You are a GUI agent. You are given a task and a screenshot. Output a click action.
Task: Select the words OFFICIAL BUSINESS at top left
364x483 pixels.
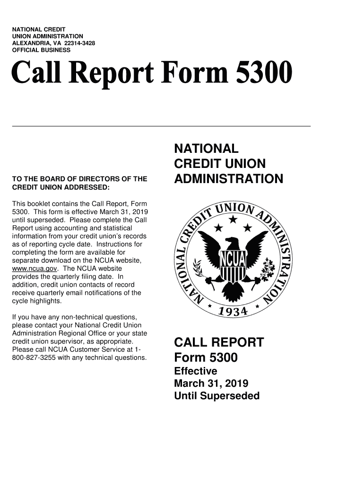coord(41,50)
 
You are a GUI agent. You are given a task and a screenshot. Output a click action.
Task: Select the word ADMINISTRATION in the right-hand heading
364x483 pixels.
coord(229,179)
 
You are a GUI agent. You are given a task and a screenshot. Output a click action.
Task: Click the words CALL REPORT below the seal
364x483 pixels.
coord(218,342)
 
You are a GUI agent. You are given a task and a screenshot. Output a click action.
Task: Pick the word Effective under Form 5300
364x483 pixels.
coord(196,371)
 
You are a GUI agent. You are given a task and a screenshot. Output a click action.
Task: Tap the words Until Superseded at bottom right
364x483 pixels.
coord(217,396)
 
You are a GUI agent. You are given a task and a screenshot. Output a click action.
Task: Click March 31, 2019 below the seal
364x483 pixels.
coord(211,383)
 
